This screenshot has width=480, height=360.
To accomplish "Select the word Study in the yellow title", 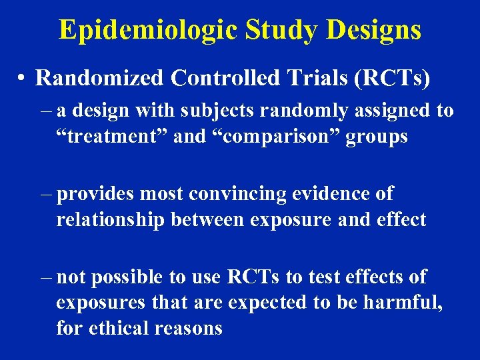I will [x=269, y=30].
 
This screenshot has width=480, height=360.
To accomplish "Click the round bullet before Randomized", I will [x=22, y=79].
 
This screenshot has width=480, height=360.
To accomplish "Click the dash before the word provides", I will [x=45, y=194].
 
